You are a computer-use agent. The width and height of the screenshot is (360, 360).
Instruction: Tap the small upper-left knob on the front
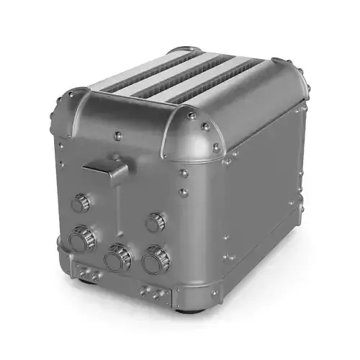(x=81, y=203)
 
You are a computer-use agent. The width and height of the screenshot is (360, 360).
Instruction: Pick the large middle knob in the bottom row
(x=117, y=256)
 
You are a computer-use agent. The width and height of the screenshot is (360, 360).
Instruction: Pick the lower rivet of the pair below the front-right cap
(x=183, y=192)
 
